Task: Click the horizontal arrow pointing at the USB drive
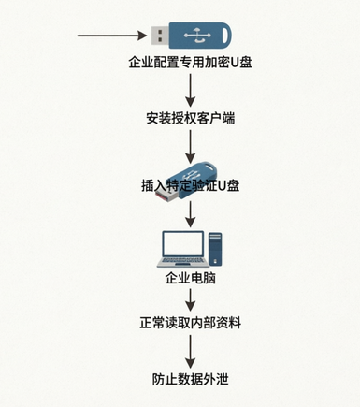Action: (x=112, y=36)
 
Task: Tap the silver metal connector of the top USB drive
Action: (x=160, y=36)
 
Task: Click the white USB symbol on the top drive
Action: (x=196, y=36)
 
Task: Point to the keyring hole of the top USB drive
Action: (x=226, y=33)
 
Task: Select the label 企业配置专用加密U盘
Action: (x=190, y=63)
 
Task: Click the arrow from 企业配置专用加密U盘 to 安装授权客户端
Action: (x=190, y=91)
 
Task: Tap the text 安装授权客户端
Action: (x=190, y=118)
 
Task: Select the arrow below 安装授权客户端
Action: (x=190, y=146)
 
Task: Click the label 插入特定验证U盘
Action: (x=190, y=185)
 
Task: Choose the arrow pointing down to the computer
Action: (x=190, y=214)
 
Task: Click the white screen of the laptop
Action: (x=182, y=244)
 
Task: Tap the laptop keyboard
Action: (x=183, y=260)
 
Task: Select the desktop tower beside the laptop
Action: (x=215, y=249)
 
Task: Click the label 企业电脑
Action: (x=190, y=277)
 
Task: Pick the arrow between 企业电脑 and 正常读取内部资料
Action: (x=190, y=299)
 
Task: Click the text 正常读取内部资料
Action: (x=190, y=323)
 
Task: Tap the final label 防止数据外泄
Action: (x=190, y=379)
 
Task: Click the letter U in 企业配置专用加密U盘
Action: (x=235, y=63)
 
